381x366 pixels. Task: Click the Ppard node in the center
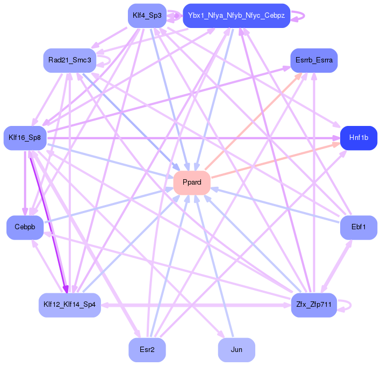tap(192, 182)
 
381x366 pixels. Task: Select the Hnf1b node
tap(358, 138)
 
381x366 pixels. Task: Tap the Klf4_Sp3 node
tap(147, 16)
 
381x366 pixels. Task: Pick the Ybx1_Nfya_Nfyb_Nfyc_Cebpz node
tap(237, 16)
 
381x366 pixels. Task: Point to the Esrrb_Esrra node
tap(314, 60)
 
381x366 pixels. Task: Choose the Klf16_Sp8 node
tap(25, 138)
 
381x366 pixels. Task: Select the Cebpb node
tap(25, 227)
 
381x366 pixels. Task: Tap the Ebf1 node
tap(358, 227)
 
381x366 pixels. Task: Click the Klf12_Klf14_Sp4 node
tap(69, 305)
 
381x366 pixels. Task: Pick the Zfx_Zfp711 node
tap(313, 305)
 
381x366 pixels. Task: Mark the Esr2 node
tap(147, 350)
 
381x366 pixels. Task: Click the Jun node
tap(236, 350)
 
